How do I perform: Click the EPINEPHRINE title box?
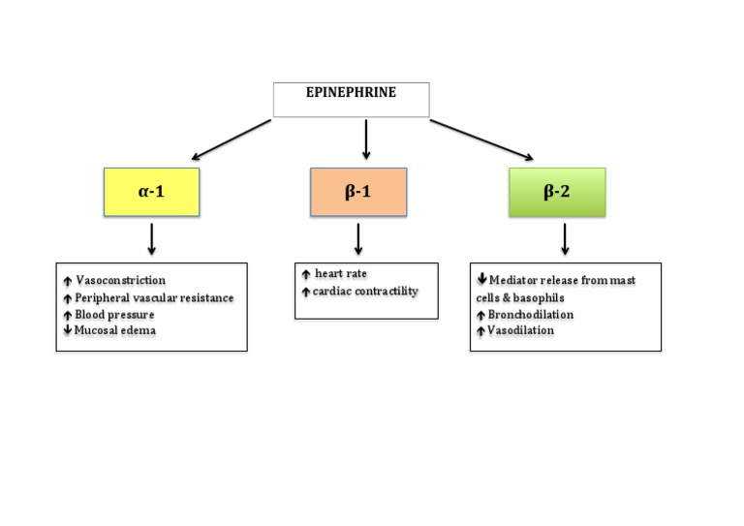350,99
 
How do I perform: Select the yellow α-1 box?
150,192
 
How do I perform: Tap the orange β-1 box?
358,192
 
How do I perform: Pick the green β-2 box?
556,192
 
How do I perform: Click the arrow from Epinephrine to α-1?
232,139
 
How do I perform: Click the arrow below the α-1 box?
151,238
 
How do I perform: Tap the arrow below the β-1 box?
358,238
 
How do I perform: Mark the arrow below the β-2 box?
564,238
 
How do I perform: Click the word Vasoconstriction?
120,281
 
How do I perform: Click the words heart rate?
341,274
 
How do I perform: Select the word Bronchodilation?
531,314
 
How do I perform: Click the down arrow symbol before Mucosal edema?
66,331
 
